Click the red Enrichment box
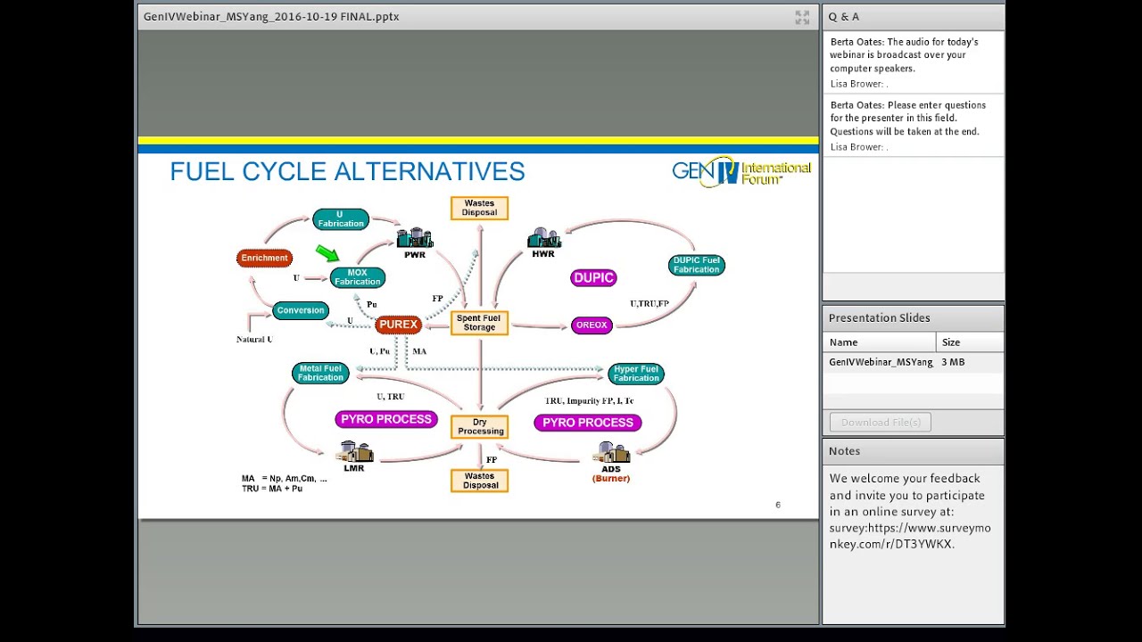tap(265, 258)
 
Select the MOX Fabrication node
tap(357, 277)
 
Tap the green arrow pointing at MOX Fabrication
tap(327, 254)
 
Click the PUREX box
tap(398, 325)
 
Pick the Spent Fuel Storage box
tap(479, 323)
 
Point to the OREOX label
tap(592, 325)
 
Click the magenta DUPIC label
tap(593, 278)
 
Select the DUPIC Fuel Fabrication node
tap(696, 265)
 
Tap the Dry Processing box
tap(480, 427)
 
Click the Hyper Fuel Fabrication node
tap(635, 374)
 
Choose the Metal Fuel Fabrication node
tap(320, 373)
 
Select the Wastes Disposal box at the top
tap(479, 208)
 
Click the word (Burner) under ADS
tap(611, 479)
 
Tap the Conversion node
tap(301, 310)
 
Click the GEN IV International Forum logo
tap(741, 170)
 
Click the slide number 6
tap(777, 506)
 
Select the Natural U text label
tap(254, 340)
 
